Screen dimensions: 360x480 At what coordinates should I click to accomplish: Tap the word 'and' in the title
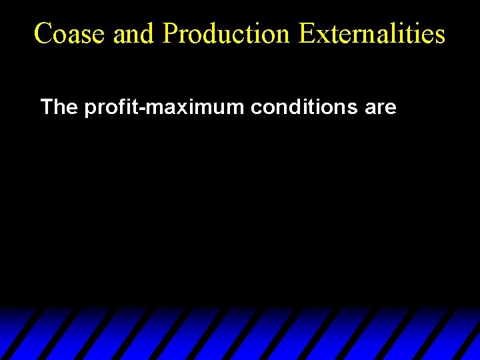point(134,33)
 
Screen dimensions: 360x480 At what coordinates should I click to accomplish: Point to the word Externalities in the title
point(372,33)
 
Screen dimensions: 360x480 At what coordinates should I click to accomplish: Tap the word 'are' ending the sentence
point(381,108)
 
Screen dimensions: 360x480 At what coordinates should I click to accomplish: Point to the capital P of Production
point(169,33)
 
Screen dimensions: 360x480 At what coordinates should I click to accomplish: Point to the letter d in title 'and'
point(148,33)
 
